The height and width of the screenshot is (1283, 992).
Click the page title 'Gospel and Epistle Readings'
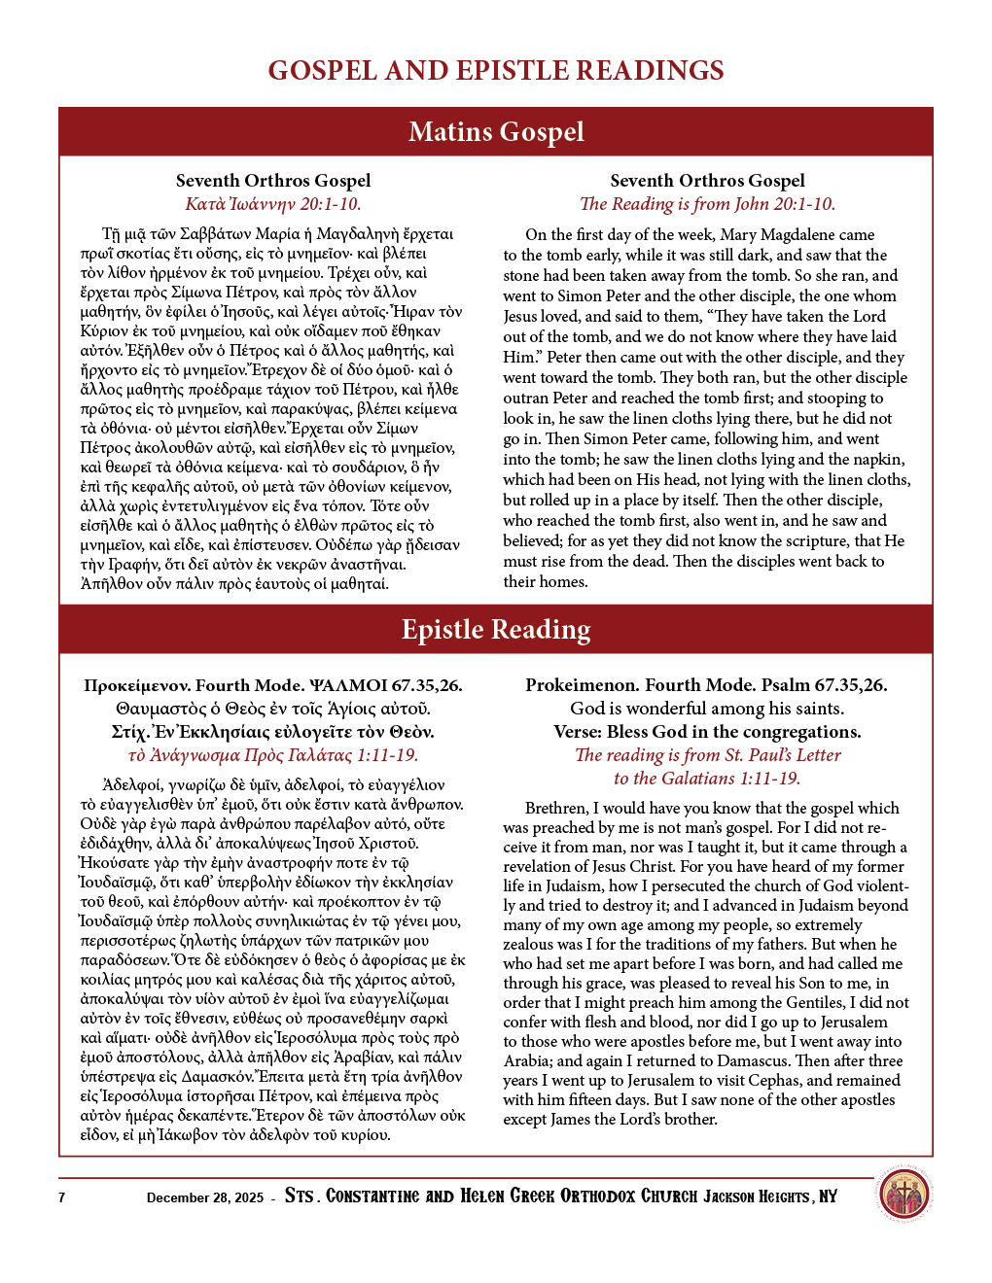click(x=496, y=71)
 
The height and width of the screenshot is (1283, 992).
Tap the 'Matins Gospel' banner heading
click(x=496, y=131)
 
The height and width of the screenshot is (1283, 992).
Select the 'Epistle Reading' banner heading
click(x=496, y=630)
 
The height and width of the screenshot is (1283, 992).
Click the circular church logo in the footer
click(x=904, y=1196)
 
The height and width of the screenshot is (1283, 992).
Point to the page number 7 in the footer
click(x=62, y=1197)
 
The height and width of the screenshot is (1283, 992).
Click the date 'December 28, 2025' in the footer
click(x=205, y=1197)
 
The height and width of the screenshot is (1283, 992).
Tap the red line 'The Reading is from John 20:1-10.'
click(x=707, y=204)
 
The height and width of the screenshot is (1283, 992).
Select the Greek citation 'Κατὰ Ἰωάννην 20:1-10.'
click(x=273, y=204)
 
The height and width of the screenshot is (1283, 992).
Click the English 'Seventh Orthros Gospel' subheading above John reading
click(x=707, y=181)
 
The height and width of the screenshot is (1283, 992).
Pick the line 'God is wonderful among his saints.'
click(x=707, y=709)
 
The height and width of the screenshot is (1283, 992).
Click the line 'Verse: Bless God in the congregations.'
click(x=707, y=732)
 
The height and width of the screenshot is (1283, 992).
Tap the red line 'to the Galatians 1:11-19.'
click(x=707, y=779)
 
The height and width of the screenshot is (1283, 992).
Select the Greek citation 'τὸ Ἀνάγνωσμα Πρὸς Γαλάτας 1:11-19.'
click(x=273, y=755)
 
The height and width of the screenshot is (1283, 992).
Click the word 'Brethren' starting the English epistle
click(x=556, y=809)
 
